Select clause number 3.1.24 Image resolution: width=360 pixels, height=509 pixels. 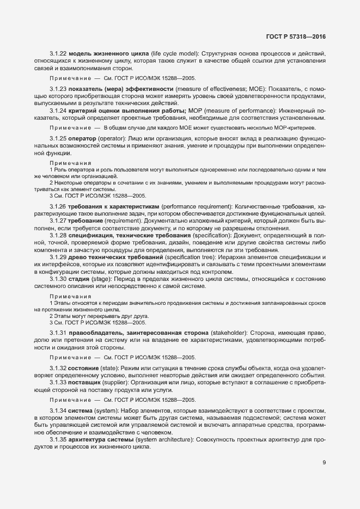pyautogui.click(x=58, y=111)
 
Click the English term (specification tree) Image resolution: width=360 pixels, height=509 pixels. pyautogui.click(x=194, y=256)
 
